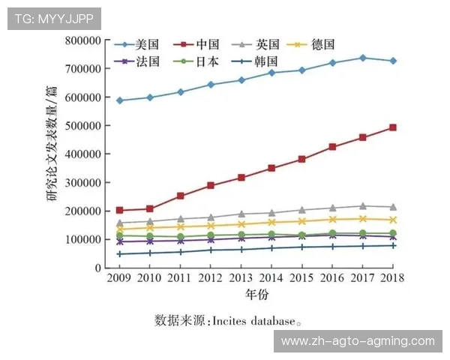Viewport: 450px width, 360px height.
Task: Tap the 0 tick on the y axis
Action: [97, 268]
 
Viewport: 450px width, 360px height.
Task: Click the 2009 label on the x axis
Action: [119, 278]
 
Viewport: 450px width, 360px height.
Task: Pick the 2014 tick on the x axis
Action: [271, 278]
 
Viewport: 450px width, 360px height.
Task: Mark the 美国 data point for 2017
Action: [363, 58]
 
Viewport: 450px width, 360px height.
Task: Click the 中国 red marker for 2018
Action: [392, 127]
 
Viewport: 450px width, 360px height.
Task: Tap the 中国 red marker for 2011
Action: [180, 196]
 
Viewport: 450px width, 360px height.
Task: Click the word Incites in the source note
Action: [229, 321]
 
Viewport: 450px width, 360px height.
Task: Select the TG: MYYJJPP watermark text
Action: [53, 17]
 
